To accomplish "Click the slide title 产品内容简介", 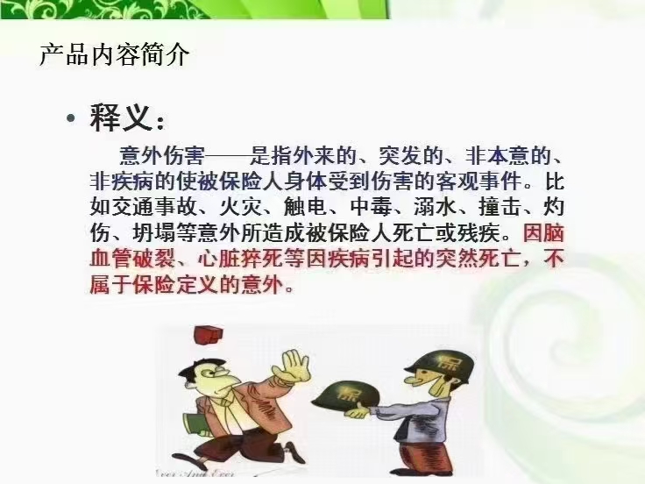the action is pyautogui.click(x=114, y=53).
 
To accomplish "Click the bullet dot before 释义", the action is pyautogui.click(x=71, y=118).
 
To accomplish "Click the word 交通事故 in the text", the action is pyautogui.click(x=154, y=207).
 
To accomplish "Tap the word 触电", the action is pyautogui.click(x=306, y=207).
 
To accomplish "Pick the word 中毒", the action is pyautogui.click(x=371, y=207).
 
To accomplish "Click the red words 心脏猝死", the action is pyautogui.click(x=241, y=259).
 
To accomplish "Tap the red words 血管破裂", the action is pyautogui.click(x=133, y=259).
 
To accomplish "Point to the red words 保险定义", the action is pyautogui.click(x=176, y=285).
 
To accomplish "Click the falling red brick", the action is pyautogui.click(x=209, y=334).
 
